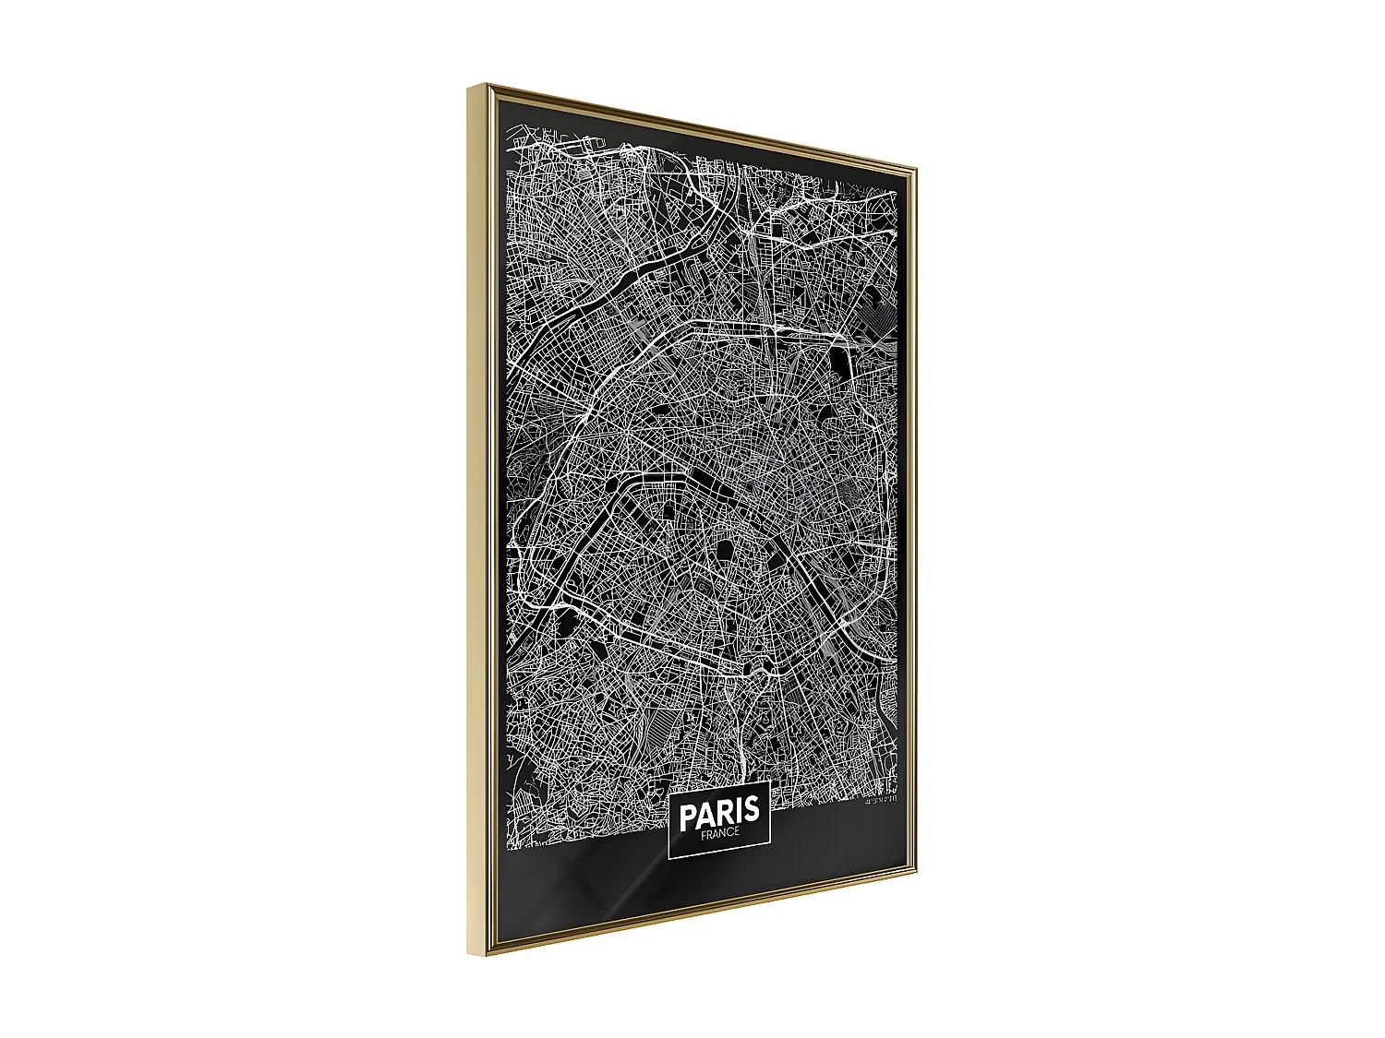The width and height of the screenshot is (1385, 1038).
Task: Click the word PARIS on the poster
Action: pos(719,812)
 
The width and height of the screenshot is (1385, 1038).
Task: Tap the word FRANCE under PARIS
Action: pos(719,834)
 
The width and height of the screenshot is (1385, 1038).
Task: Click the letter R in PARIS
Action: pos(724,812)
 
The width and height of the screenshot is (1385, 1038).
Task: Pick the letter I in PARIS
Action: pos(738,811)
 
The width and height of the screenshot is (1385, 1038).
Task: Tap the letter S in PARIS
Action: pos(751,810)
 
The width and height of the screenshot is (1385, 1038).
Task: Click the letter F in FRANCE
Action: pos(703,835)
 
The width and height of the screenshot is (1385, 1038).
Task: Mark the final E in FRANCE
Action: pos(737,833)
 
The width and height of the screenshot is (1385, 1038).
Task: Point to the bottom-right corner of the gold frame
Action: pos(915,876)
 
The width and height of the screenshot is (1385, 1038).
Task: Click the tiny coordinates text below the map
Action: pos(882,798)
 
